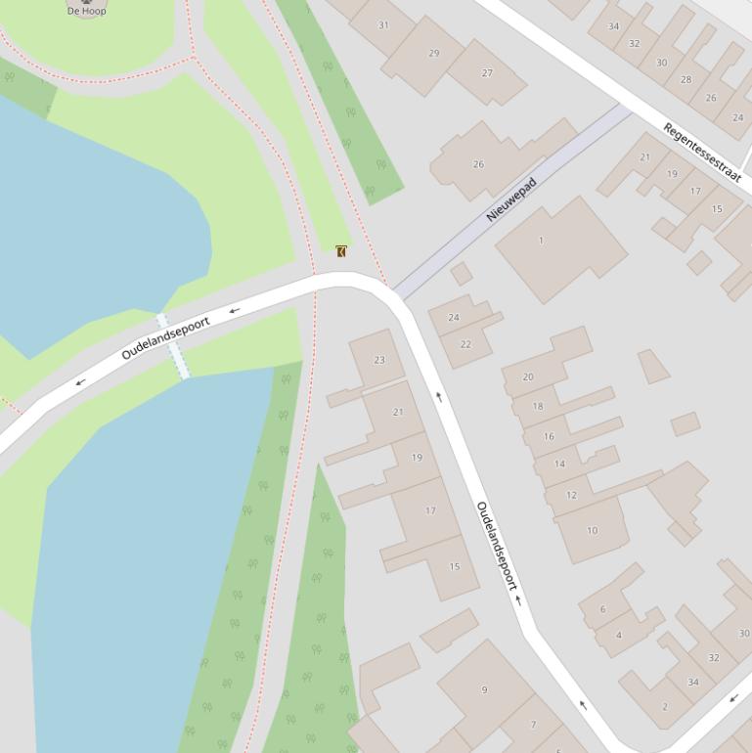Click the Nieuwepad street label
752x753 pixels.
coord(511,199)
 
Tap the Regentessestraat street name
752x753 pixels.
coord(702,153)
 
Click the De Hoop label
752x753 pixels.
coord(86,11)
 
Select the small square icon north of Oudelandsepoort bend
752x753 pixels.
coord(341,251)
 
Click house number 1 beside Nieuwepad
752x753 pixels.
coord(541,241)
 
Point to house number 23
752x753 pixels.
coord(379,360)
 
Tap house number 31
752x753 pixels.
coord(383,25)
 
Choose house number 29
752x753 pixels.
coord(434,54)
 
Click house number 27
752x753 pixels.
coord(487,73)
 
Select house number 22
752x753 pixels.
coord(465,344)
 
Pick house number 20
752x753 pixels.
coord(528,376)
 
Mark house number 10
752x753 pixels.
coord(592,531)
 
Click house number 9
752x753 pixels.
coord(484,690)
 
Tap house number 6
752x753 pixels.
coord(602,609)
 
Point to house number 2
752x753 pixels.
coord(665,706)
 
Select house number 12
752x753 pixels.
coord(571,495)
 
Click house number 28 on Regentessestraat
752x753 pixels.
coord(686,80)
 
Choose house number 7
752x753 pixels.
coord(533,725)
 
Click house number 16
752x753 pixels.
coord(549,436)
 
